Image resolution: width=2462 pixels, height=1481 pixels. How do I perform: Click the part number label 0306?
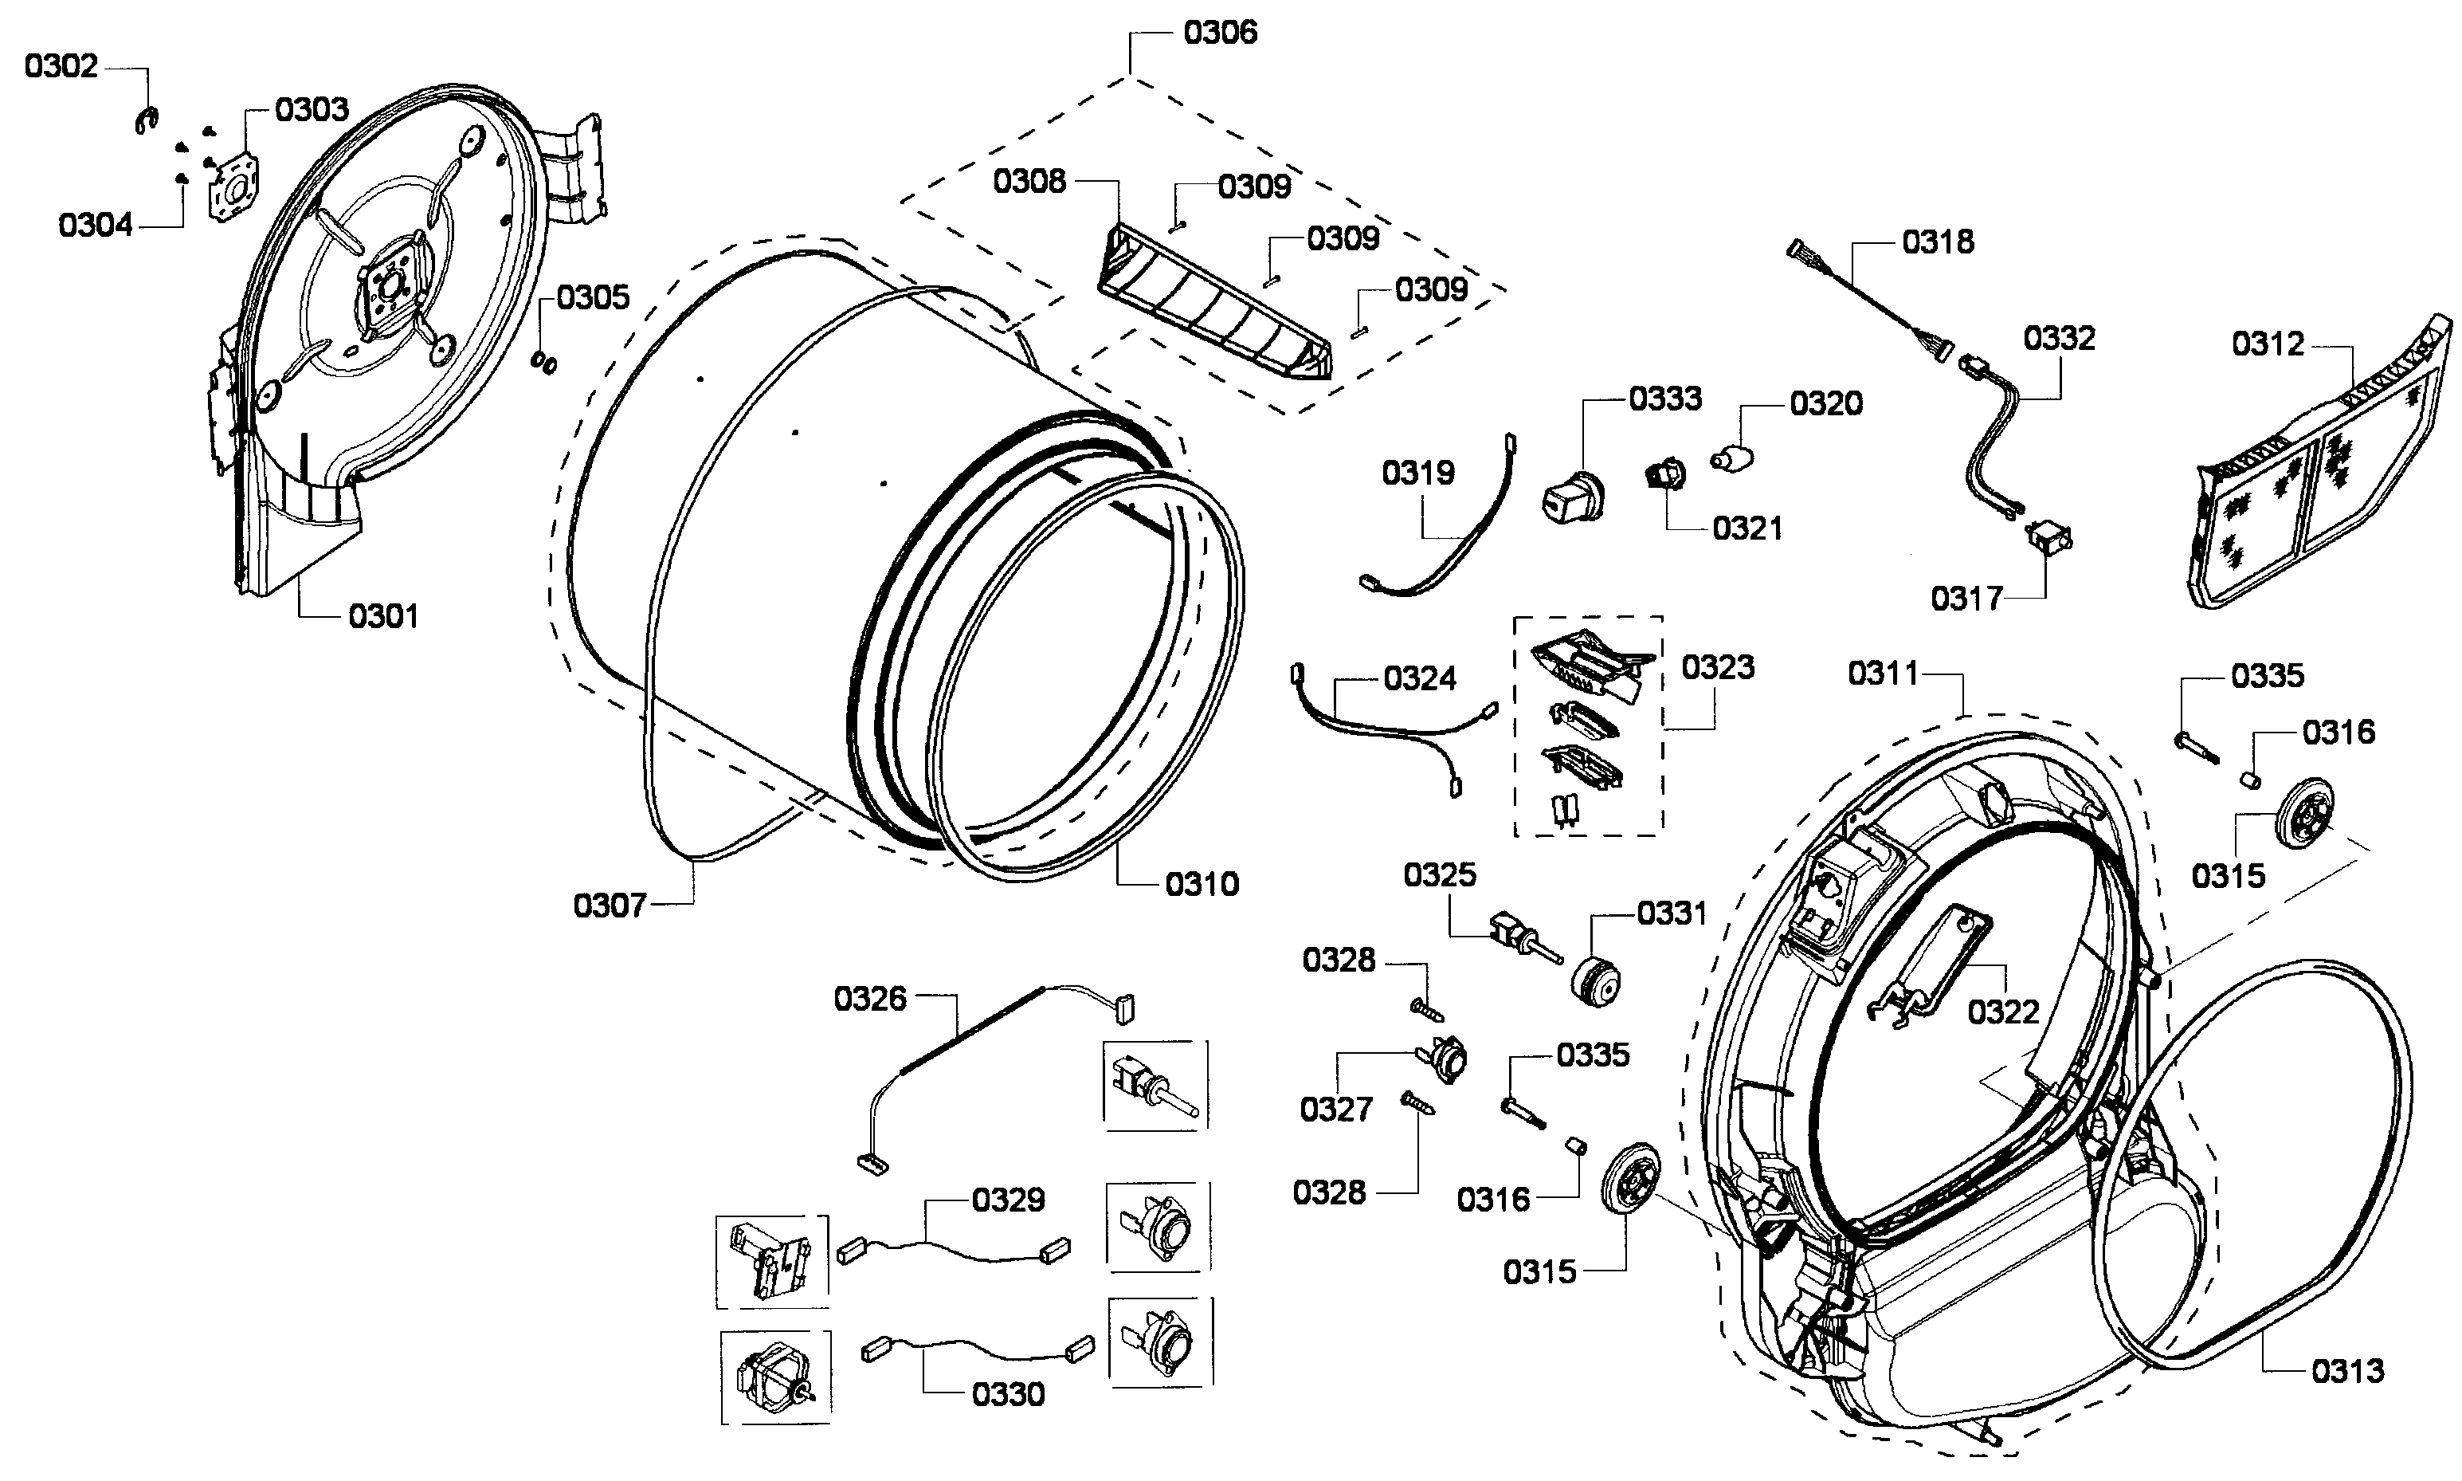pos(1219,32)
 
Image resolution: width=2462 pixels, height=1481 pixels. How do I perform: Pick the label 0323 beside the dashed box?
pos(1718,666)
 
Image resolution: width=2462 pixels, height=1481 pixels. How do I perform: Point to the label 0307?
pos(609,905)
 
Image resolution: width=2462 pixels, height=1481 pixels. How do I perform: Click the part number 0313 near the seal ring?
pos(2347,1370)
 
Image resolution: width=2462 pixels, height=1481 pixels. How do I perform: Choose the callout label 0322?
pos(2003,1012)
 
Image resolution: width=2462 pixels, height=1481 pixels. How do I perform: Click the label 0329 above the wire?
pos(1008,1200)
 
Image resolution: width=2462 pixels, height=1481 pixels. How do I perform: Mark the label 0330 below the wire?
pos(1008,1393)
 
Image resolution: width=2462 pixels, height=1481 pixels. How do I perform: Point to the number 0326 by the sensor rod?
pos(870,998)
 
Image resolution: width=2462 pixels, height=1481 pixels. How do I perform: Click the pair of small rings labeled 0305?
pos(545,361)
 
